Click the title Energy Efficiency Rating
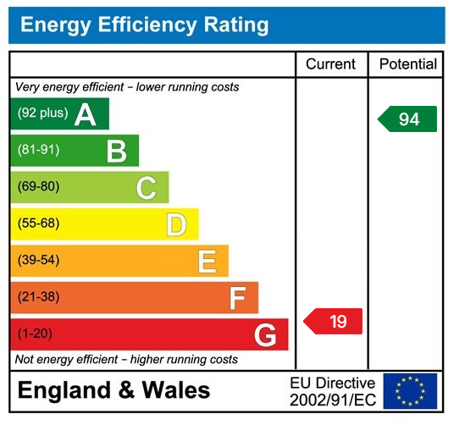(x=144, y=25)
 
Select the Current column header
(x=331, y=64)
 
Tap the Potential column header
(x=407, y=64)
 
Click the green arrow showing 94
(x=408, y=119)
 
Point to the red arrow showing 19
(x=335, y=321)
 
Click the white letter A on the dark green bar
(x=86, y=114)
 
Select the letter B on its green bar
(x=116, y=151)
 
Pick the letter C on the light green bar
(x=146, y=188)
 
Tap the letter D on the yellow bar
(x=176, y=224)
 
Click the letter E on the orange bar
(x=207, y=261)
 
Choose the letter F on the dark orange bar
(x=237, y=298)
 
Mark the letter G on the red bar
(x=265, y=335)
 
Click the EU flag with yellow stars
(x=410, y=391)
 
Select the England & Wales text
(x=113, y=390)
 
